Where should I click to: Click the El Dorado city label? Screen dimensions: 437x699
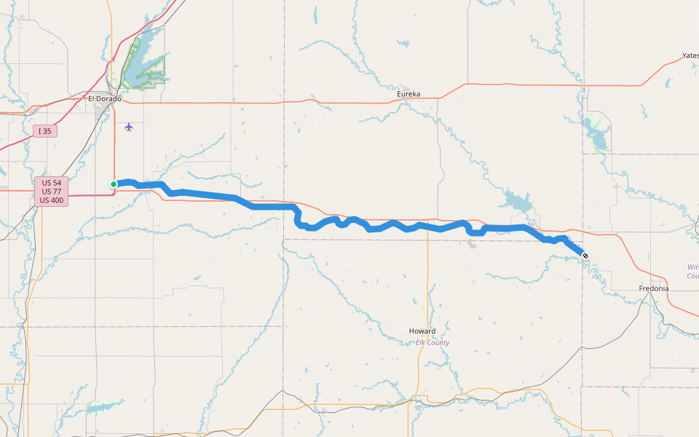pyautogui.click(x=104, y=98)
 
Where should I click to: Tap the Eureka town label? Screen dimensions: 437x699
pyautogui.click(x=408, y=94)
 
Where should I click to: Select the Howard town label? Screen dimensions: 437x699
pyautogui.click(x=422, y=331)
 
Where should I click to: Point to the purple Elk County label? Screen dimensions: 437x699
pyautogui.click(x=433, y=342)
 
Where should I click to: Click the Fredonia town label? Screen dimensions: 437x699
pyautogui.click(x=654, y=288)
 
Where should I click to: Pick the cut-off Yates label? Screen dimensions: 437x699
pyautogui.click(x=690, y=55)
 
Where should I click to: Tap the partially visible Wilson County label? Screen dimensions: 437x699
pyautogui.click(x=692, y=271)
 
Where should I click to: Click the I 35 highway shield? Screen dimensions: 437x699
pyautogui.click(x=44, y=131)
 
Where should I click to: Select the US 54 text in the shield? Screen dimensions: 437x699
pyautogui.click(x=51, y=183)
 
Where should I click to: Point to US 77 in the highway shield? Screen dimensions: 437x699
pyautogui.click(x=51, y=192)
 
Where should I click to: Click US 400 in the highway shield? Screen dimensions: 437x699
pyautogui.click(x=51, y=200)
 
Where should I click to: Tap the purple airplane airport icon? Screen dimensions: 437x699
pyautogui.click(x=129, y=127)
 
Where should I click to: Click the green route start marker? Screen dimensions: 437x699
pyautogui.click(x=114, y=184)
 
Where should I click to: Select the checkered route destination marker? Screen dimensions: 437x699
pyautogui.click(x=585, y=256)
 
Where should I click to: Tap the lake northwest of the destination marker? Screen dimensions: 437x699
pyautogui.click(x=516, y=201)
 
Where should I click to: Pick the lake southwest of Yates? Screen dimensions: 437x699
pyautogui.click(x=595, y=134)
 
